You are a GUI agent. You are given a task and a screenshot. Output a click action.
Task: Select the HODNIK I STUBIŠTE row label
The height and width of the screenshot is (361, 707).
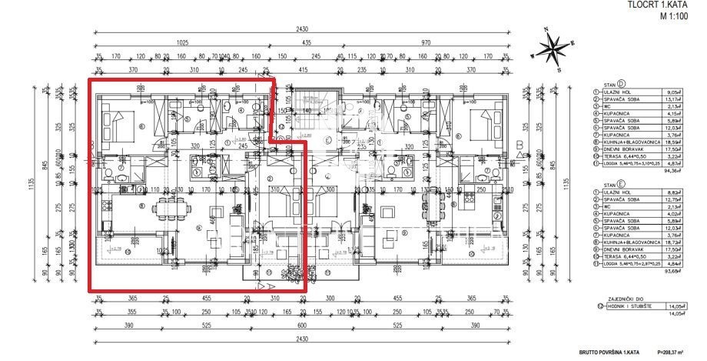[629, 306]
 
